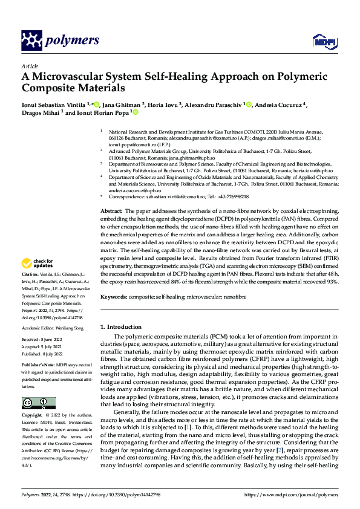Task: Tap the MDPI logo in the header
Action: point(321,41)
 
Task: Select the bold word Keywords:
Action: point(114,297)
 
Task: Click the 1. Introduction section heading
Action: point(121,326)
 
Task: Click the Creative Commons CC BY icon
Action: point(38,403)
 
